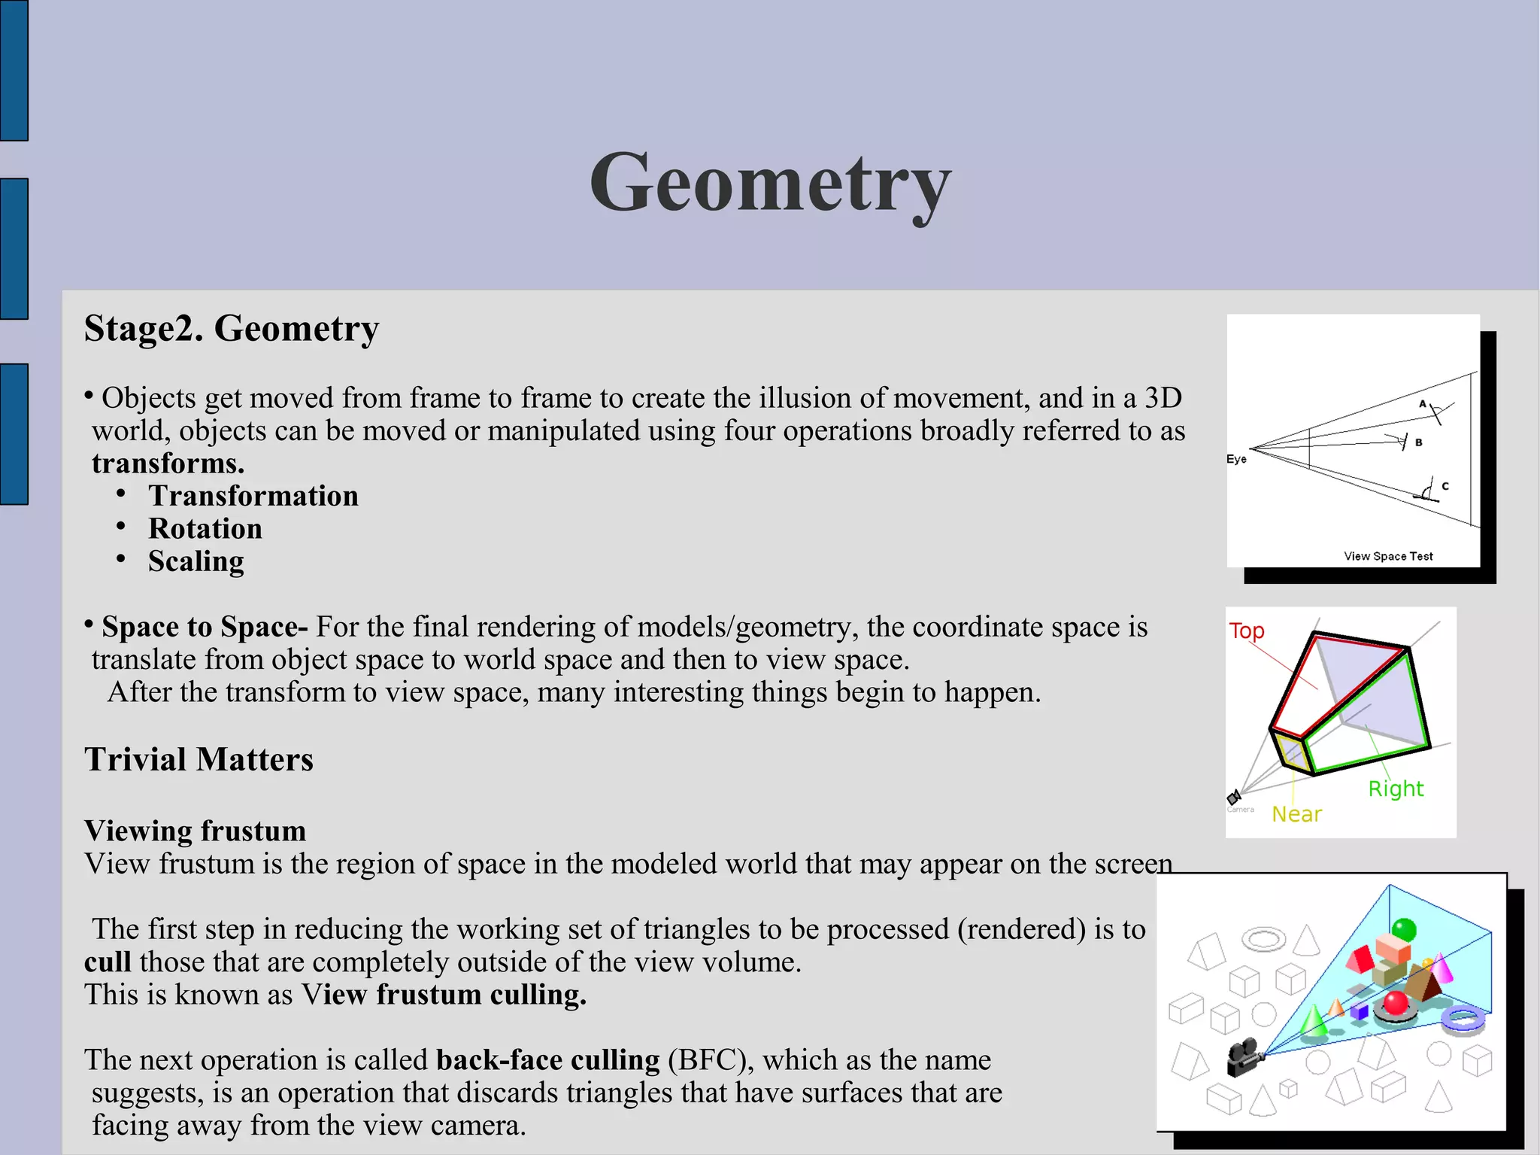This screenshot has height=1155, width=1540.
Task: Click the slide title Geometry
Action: pos(770,183)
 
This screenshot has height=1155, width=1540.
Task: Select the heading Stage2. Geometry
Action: pos(232,329)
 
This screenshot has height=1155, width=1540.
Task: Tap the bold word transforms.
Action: pos(168,464)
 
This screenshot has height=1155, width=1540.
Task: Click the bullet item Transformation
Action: pos(253,496)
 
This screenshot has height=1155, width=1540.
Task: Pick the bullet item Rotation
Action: pos(205,529)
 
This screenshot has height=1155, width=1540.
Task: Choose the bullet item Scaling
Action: pos(196,561)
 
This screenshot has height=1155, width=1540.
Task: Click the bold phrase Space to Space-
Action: pos(204,627)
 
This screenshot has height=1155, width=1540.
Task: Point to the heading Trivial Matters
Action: pos(199,759)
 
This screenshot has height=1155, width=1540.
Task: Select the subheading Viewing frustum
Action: pos(195,831)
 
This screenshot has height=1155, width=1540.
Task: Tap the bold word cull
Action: pos(108,962)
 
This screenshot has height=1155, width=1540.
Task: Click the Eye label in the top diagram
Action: pos(1236,459)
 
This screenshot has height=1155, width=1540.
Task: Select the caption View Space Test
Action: pos(1388,556)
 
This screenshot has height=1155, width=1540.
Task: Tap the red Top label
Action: pos(1247,631)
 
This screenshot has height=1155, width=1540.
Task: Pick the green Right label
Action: pos(1396,789)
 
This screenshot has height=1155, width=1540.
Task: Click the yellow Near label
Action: pos(1296,814)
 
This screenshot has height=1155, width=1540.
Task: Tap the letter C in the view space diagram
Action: pos(1445,486)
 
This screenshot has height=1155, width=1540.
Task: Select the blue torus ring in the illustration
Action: pos(1463,1020)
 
